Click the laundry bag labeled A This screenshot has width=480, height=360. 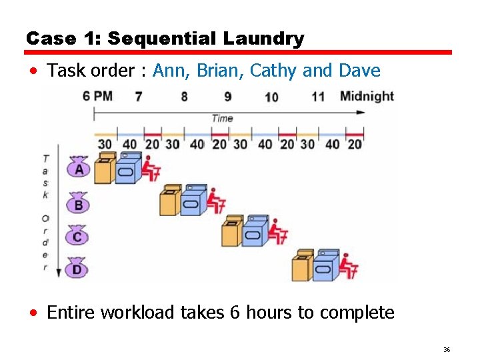pyautogui.click(x=79, y=167)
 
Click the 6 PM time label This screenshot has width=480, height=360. pyautogui.click(x=97, y=96)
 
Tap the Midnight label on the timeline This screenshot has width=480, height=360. pyautogui.click(x=367, y=96)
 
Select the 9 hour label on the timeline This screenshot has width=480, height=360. pyautogui.click(x=227, y=97)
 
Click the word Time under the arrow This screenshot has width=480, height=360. pyautogui.click(x=222, y=118)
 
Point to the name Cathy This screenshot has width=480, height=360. pyautogui.click(x=273, y=71)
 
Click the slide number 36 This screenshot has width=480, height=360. pyautogui.click(x=447, y=349)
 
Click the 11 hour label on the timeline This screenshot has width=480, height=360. pyautogui.click(x=318, y=97)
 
